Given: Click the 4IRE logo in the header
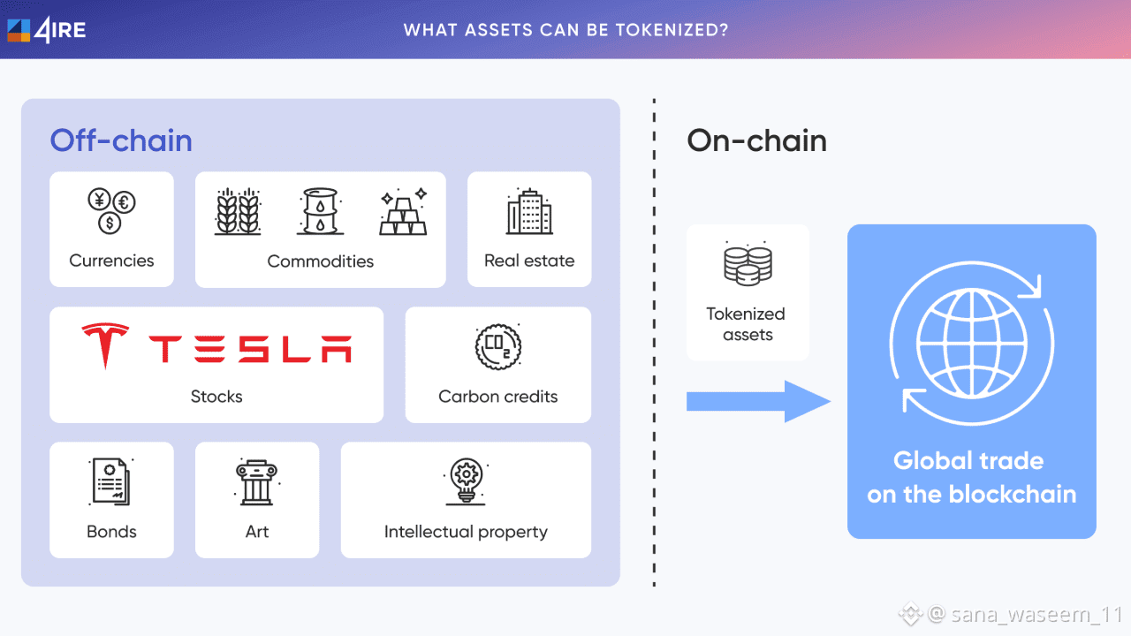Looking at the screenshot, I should (47, 29).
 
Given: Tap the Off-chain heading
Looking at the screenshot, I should (121, 141).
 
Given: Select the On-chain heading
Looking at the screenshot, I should (756, 141).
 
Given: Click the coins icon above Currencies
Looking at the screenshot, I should (110, 211).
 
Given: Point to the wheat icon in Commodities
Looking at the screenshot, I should (238, 211).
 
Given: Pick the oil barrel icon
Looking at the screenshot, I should (320, 211).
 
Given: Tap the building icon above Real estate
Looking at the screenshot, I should (529, 212).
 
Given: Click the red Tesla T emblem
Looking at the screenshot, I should (105, 345).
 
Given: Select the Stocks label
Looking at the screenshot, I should (216, 397).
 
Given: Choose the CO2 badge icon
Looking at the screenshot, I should (498, 347).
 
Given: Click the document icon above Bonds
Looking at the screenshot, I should (111, 481).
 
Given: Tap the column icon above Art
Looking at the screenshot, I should (257, 481).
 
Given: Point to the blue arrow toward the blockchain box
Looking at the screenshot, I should (758, 402).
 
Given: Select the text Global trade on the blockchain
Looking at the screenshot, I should (971, 477).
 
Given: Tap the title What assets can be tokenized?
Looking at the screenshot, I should (565, 30).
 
